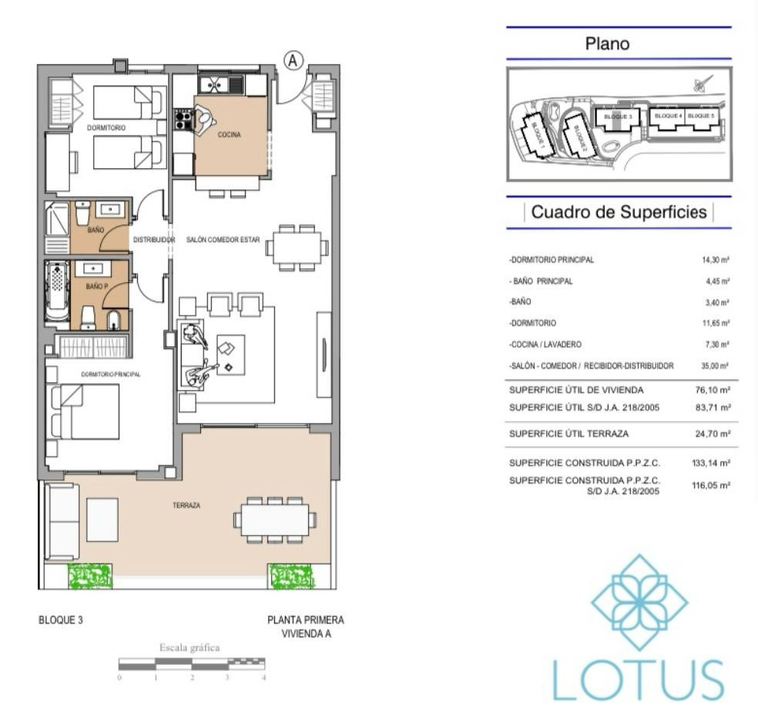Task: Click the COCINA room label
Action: pyautogui.click(x=229, y=134)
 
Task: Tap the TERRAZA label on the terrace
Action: pyautogui.click(x=186, y=506)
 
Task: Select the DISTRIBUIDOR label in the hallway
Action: pyautogui.click(x=154, y=240)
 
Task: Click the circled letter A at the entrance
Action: pyautogui.click(x=293, y=61)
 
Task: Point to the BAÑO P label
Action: pyautogui.click(x=96, y=286)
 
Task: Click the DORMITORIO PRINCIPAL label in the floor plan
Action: pyautogui.click(x=111, y=374)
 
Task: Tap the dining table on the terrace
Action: pyautogui.click(x=275, y=520)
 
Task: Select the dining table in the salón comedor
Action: pyautogui.click(x=297, y=248)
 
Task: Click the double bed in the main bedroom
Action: pyautogui.click(x=86, y=411)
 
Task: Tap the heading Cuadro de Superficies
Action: pyautogui.click(x=619, y=213)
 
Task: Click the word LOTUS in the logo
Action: pyautogui.click(x=638, y=679)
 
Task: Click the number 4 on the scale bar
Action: pyautogui.click(x=263, y=678)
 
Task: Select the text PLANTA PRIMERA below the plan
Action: pyautogui.click(x=305, y=620)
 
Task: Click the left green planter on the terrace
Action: pyautogui.click(x=90, y=576)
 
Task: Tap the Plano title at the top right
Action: pyautogui.click(x=607, y=44)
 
